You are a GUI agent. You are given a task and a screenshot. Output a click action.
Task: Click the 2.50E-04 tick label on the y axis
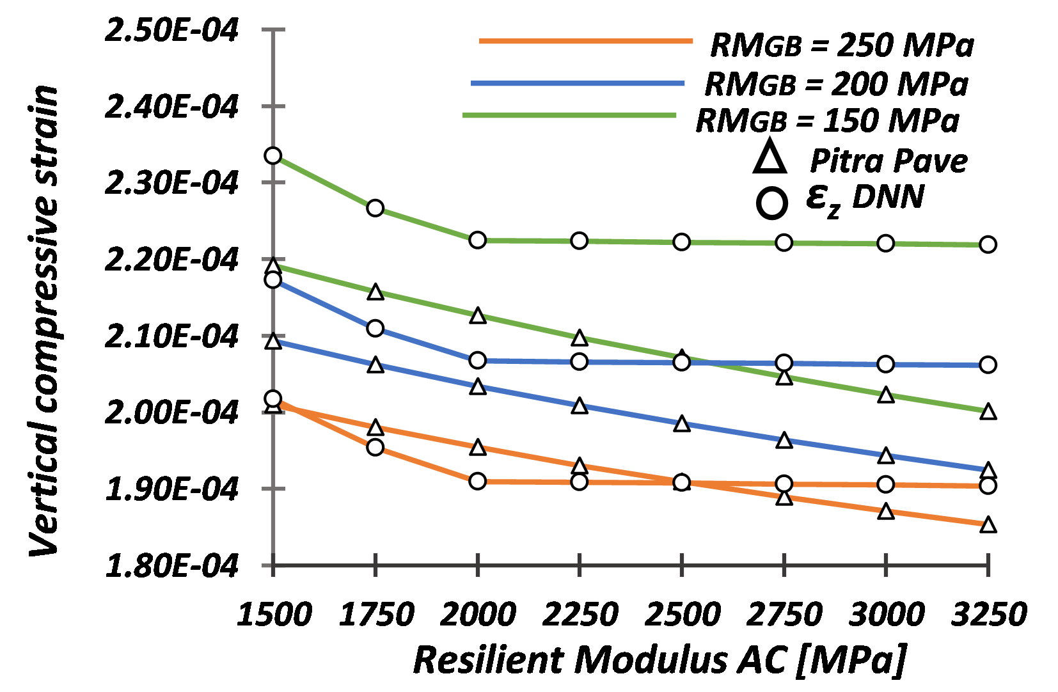point(171,30)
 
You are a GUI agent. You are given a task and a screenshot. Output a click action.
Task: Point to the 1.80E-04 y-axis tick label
point(171,565)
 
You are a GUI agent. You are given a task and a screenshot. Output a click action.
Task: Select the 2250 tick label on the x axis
point(580,615)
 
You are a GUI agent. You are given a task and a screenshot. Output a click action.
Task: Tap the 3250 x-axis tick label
point(988,615)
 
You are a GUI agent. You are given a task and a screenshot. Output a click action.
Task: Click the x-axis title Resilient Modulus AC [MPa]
point(659,659)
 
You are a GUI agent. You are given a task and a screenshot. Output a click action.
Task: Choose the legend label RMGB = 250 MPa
point(842,45)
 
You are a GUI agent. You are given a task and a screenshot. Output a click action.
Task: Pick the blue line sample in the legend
point(577,83)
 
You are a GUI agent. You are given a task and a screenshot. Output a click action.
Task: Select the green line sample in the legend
point(569,115)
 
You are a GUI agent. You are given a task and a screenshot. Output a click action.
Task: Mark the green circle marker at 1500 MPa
point(273,155)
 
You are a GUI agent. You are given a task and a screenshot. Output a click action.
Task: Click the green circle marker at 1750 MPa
point(375,208)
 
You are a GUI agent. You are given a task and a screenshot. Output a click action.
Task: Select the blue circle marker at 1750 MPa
point(375,328)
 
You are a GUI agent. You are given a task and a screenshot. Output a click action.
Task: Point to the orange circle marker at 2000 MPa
point(477,481)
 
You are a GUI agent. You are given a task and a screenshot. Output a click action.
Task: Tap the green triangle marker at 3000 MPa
point(886,395)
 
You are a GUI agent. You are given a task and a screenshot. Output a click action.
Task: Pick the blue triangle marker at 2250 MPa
point(580,405)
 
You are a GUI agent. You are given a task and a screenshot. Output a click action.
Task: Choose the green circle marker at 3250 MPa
point(988,244)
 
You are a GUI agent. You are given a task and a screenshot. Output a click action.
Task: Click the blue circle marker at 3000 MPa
point(886,364)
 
